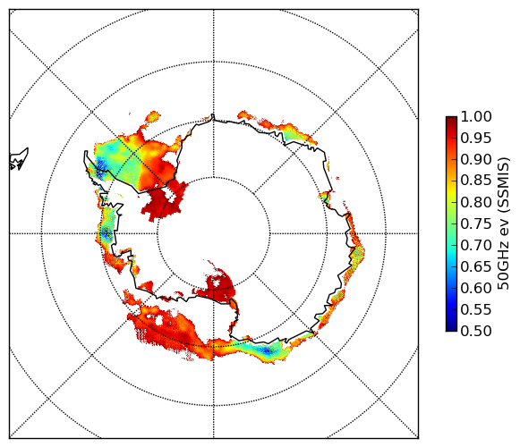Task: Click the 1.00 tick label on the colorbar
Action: coord(476,116)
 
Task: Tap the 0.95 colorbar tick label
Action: coord(476,139)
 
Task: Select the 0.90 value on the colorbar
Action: coord(476,159)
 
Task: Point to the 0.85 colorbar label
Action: coord(476,181)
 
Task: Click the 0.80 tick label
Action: coord(476,202)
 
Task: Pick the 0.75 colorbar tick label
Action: coord(476,224)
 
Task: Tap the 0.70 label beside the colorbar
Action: coord(476,246)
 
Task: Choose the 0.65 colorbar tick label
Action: coord(476,266)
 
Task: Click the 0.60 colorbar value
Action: coord(476,288)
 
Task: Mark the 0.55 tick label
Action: coord(476,310)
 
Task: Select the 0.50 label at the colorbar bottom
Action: coord(476,331)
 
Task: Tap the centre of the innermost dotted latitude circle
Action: coord(214,233)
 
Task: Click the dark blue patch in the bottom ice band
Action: coord(268,350)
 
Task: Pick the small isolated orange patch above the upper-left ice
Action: coord(153,116)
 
